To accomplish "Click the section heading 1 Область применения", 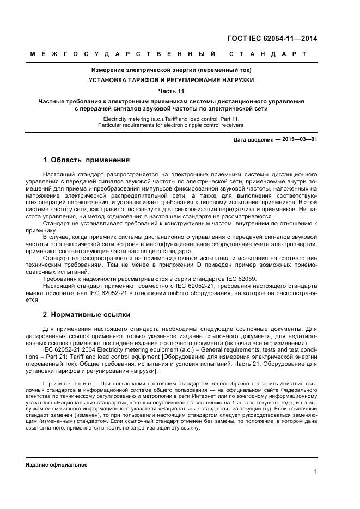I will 86,160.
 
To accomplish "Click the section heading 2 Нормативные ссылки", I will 86,315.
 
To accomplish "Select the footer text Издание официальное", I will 56,465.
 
